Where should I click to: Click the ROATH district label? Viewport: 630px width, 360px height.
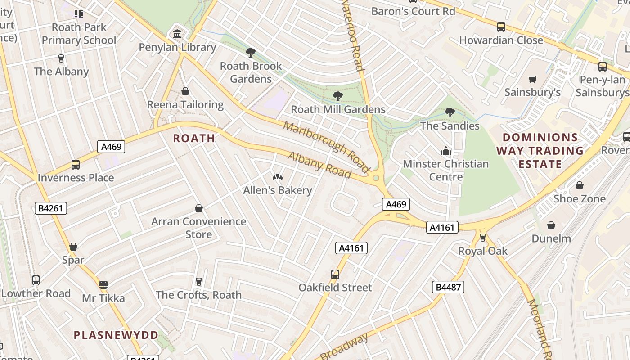194,138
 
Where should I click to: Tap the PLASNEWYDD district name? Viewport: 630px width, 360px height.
116,335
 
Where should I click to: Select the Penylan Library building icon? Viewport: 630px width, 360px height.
177,34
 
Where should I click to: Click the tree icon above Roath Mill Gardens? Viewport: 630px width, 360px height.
338,96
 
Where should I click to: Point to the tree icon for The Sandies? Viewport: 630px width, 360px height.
450,112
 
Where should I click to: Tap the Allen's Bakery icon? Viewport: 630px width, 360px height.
278,177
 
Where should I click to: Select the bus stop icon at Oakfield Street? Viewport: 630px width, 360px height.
335,274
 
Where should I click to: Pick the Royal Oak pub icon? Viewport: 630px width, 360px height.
483,237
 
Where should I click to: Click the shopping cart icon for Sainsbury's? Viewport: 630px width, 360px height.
533,79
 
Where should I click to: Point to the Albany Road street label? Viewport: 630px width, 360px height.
319,165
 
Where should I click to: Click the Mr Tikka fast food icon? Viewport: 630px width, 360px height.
103,284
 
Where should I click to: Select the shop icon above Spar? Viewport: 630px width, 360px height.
73,247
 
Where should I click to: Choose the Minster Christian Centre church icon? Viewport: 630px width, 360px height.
446,151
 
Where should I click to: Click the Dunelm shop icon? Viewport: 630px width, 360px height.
551,225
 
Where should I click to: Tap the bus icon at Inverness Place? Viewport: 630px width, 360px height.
76,165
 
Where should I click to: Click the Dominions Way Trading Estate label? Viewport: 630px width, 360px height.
540,151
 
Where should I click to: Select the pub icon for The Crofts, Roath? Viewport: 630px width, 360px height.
199,282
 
